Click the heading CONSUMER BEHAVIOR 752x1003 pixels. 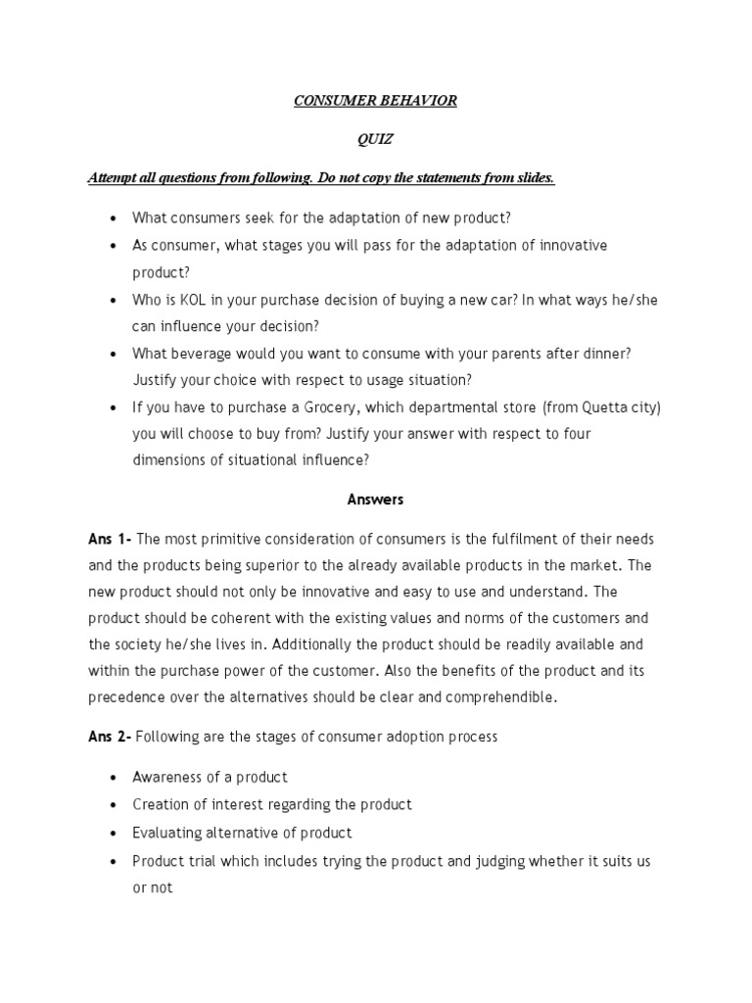(375, 101)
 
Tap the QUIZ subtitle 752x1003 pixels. (375, 140)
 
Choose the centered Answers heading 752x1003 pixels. (375, 500)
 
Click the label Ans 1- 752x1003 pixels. (110, 540)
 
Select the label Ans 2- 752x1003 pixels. (110, 737)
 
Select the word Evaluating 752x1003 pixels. (168, 833)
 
